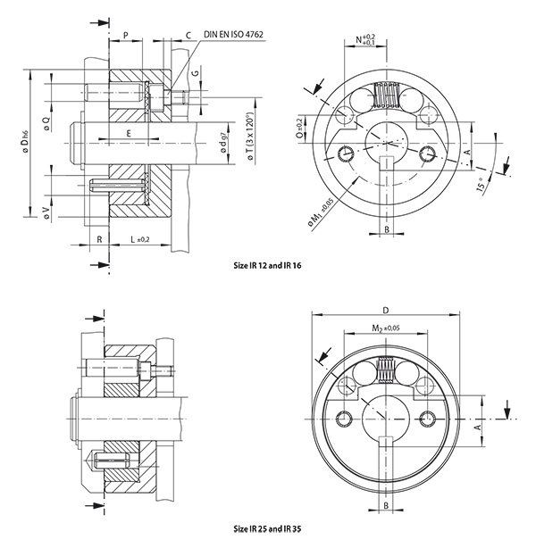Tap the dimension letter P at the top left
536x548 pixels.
126,35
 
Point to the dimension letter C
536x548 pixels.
188,35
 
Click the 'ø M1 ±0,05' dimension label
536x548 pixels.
323,212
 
